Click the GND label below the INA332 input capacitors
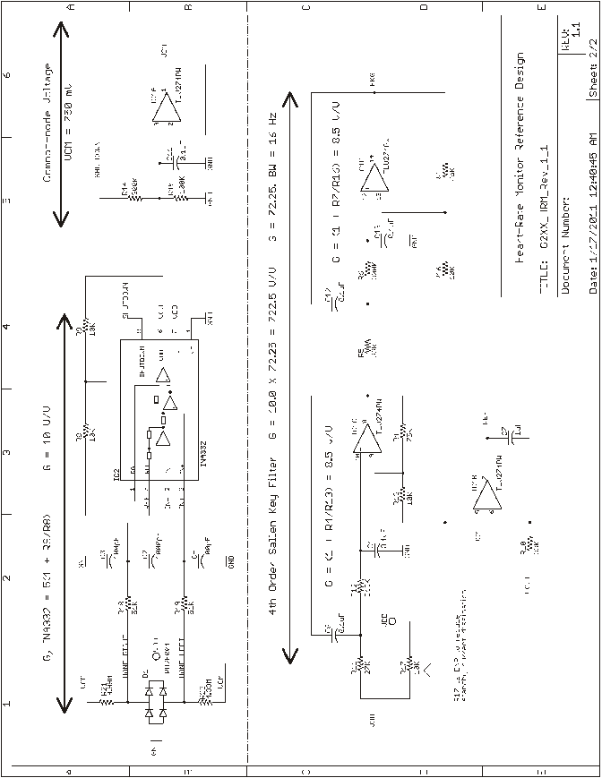[231, 562]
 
